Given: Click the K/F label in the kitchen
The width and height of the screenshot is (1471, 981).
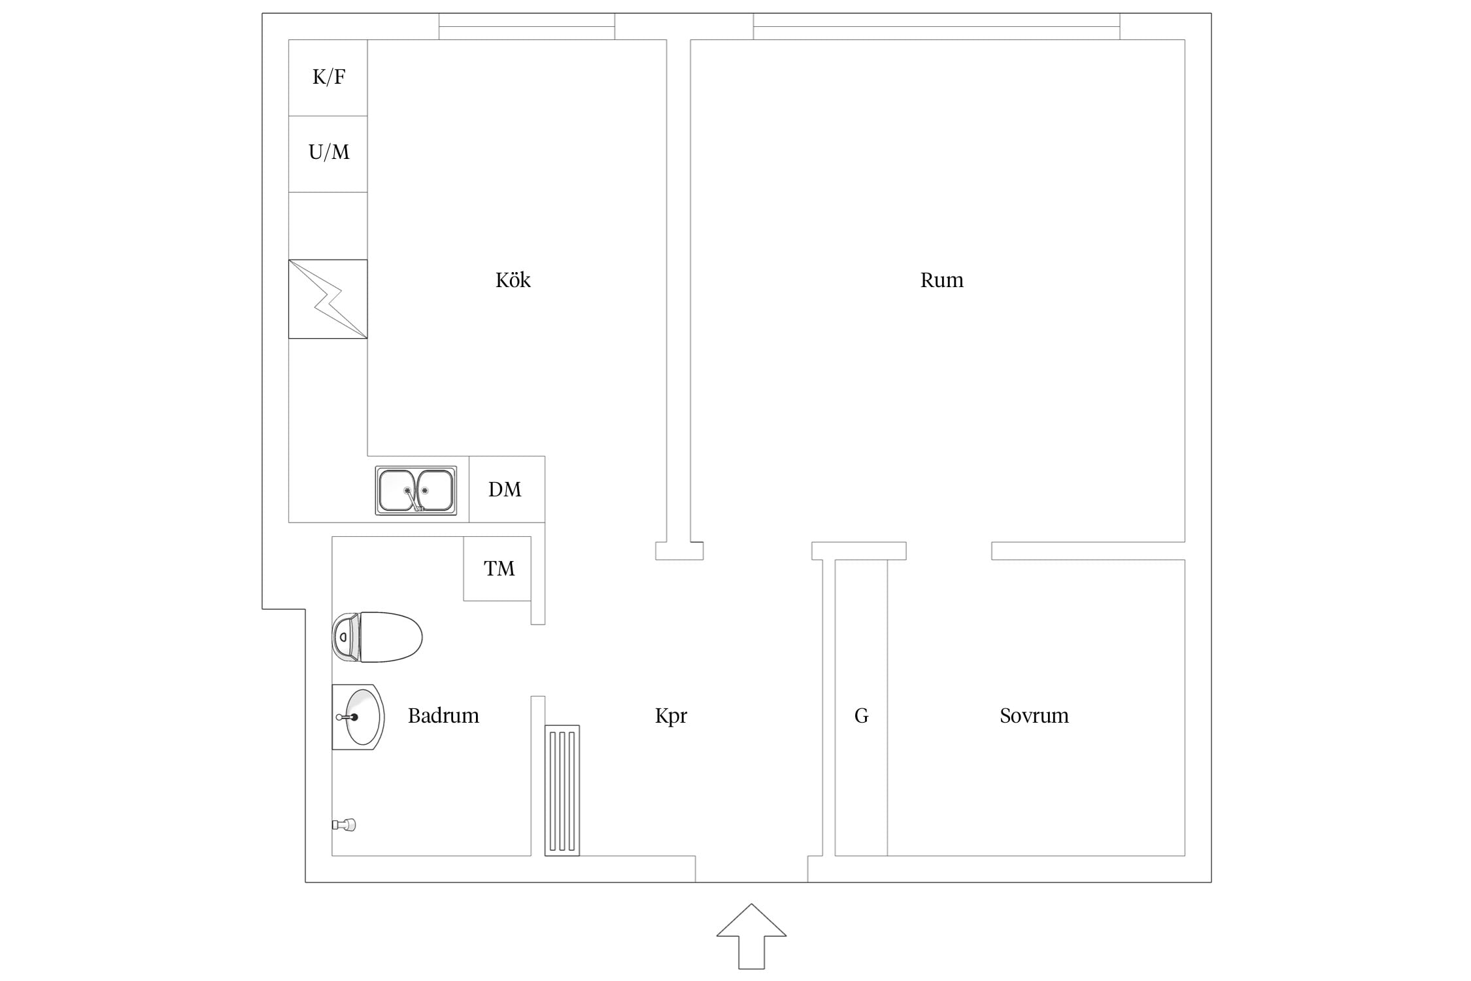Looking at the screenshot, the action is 329,77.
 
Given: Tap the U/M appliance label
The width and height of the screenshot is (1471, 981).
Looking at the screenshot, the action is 329,152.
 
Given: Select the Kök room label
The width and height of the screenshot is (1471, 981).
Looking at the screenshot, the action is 513,280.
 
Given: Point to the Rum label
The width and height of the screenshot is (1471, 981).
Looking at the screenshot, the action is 941,280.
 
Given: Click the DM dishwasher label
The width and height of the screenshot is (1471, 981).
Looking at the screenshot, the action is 505,489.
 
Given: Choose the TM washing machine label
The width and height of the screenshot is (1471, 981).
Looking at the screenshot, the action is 499,568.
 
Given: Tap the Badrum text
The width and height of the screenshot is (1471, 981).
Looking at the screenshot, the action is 443,715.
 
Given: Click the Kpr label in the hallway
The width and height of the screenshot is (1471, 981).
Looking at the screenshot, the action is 671,716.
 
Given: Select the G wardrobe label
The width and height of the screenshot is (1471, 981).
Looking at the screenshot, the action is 862,716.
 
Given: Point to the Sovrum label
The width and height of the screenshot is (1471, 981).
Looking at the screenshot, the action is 1034,715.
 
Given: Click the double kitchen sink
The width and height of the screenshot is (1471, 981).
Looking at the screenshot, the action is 416,490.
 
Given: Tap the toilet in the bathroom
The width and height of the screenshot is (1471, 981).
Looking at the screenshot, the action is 377,637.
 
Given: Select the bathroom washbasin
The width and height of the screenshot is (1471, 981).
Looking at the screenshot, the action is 358,717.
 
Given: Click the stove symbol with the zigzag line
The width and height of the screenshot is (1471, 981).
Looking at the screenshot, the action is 328,299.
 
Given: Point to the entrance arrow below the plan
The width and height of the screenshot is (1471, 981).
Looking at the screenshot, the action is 751,936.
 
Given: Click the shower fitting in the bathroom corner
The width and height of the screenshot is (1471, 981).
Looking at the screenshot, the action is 344,825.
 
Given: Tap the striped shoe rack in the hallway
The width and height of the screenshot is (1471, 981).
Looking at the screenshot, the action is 562,790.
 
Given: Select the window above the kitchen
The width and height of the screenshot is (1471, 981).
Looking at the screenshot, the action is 527,26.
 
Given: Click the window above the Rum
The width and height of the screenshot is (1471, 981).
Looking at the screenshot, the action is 936,26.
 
